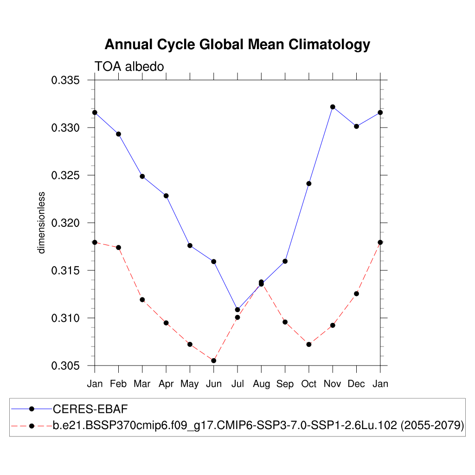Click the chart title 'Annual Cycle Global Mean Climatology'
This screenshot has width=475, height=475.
tap(237, 45)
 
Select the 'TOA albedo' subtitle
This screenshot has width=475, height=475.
tap(129, 67)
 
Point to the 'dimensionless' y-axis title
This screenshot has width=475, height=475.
tap(42, 222)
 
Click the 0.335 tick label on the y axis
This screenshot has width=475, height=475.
tap(65, 80)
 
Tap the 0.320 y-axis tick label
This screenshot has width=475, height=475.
tap(65, 223)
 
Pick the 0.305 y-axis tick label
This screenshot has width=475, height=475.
tap(65, 366)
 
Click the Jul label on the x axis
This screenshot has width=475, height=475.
tap(237, 384)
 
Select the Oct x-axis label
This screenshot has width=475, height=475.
tap(309, 384)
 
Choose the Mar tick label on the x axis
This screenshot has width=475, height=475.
tap(142, 384)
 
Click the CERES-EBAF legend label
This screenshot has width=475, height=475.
tap(90, 409)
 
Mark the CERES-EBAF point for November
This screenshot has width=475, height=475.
tap(333, 107)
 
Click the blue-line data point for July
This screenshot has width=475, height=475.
tap(237, 309)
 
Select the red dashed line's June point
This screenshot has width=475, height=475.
tap(214, 360)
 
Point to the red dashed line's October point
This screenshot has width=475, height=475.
tap(309, 344)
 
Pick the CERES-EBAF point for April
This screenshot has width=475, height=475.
tap(166, 196)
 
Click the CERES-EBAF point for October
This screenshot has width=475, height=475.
tap(309, 183)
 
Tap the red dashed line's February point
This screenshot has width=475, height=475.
tap(118, 247)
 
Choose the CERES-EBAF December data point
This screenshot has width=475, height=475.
tap(356, 126)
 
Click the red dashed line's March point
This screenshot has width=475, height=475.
tap(142, 300)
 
